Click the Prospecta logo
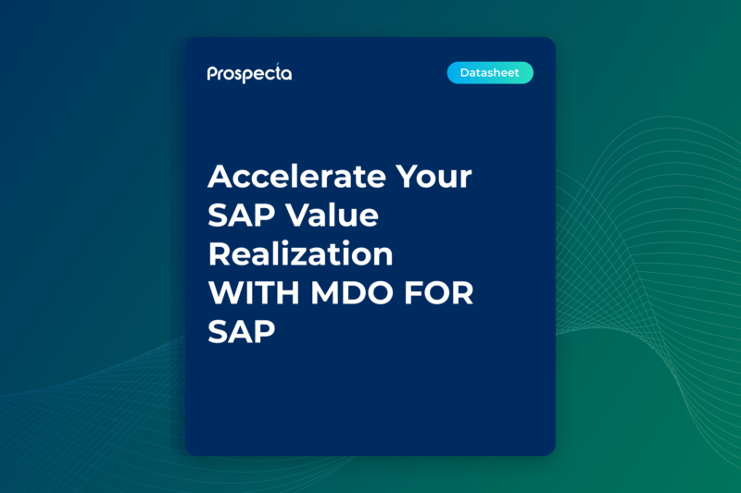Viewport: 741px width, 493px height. pos(249,73)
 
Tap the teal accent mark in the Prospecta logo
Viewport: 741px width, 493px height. pos(278,65)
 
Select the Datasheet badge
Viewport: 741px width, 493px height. pos(490,73)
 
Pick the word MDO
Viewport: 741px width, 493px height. pos(357,293)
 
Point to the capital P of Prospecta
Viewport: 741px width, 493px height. pos(212,74)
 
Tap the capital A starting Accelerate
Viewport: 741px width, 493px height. pos(221,177)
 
